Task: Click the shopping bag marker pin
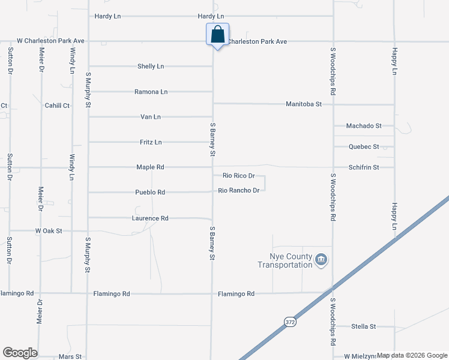click(217, 34)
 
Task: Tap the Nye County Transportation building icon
click(321, 259)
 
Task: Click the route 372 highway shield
click(290, 322)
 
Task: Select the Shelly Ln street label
click(151, 67)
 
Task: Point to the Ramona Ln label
click(151, 92)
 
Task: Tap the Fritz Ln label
click(151, 142)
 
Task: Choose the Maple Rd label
click(150, 167)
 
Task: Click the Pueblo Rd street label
click(150, 193)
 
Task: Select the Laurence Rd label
click(150, 218)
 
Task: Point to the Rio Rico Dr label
click(239, 176)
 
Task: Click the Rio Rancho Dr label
click(239, 191)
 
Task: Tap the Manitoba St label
click(304, 104)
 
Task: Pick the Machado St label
click(364, 126)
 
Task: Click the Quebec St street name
click(364, 147)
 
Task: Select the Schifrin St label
click(364, 168)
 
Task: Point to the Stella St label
click(364, 327)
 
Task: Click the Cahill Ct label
click(58, 106)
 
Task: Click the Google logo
click(20, 353)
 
